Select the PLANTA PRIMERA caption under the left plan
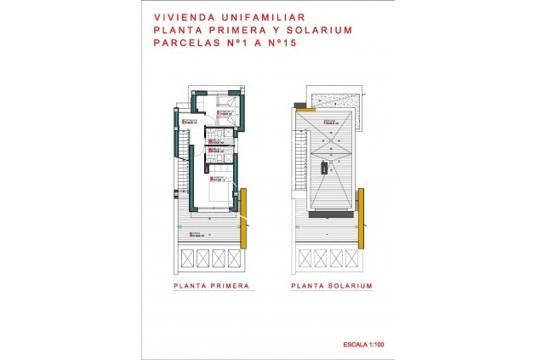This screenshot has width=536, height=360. tap(211, 287)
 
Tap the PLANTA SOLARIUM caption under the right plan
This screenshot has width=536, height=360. tap(332, 287)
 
